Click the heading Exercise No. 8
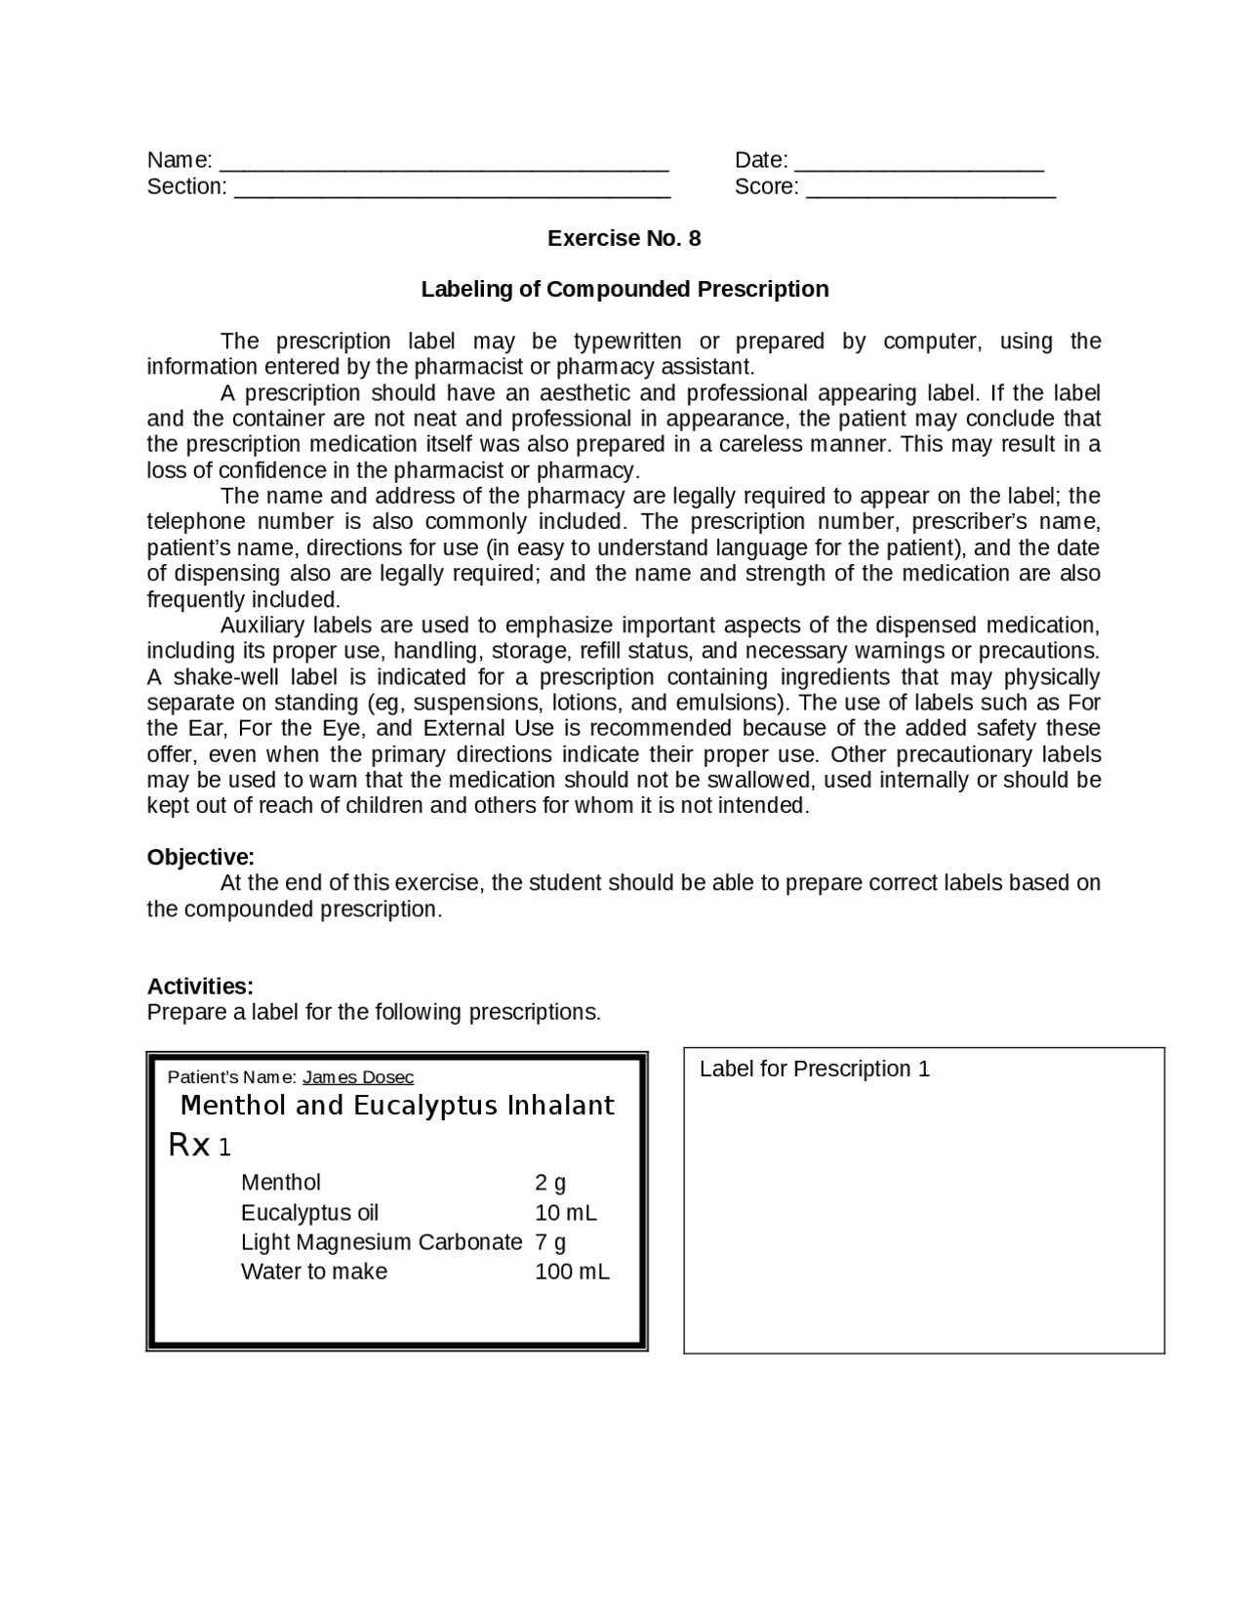(x=624, y=239)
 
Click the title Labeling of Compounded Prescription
(x=624, y=290)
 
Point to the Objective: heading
(x=200, y=858)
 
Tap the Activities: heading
(x=200, y=987)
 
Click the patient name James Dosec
(x=358, y=1077)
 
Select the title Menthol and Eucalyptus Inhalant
(x=397, y=1106)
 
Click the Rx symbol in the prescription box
(x=189, y=1146)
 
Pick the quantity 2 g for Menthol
(x=550, y=1184)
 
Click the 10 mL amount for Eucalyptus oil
(x=566, y=1213)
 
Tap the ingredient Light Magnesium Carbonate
(x=382, y=1242)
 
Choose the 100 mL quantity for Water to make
(x=572, y=1273)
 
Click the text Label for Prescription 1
(x=814, y=1070)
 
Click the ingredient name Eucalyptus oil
(x=309, y=1213)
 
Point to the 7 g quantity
(x=550, y=1242)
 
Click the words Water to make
(x=314, y=1273)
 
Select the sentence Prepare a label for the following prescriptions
(x=374, y=1013)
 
